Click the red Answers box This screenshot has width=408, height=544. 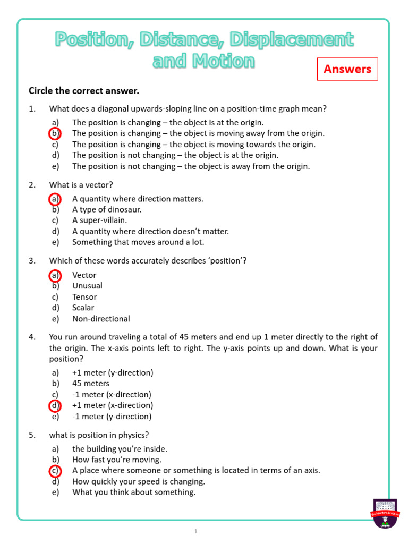347,69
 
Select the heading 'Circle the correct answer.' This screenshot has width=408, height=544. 83,91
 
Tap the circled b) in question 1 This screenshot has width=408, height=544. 55,133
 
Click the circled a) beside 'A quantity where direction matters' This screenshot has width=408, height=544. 55,199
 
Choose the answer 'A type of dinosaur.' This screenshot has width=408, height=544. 107,209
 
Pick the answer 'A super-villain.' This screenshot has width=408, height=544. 99,220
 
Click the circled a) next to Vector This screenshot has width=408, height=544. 55,275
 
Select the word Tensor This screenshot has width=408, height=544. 84,297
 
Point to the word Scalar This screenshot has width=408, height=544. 83,308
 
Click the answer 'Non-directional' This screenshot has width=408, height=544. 101,319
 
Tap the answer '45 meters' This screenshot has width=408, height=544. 91,384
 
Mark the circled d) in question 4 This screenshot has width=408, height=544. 55,405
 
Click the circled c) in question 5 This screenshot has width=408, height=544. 55,471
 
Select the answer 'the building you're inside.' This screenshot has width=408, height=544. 120,449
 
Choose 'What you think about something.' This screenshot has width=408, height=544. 134,492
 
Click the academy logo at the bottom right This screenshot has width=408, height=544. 385,513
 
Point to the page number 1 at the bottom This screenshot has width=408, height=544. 195,531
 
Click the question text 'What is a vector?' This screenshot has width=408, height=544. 81,185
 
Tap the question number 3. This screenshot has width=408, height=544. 32,260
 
